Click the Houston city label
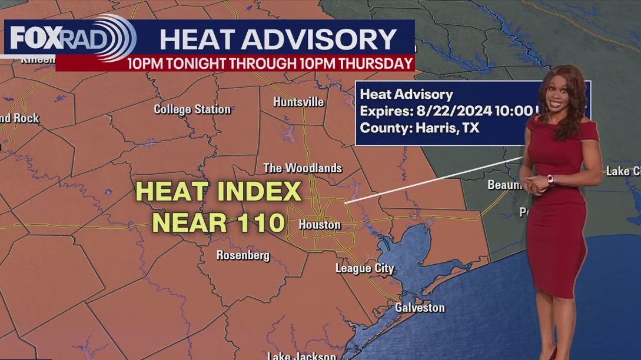pyautogui.click(x=320, y=225)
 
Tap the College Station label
pyautogui.click(x=192, y=109)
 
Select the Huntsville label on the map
pyautogui.click(x=298, y=102)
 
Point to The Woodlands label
pyautogui.click(x=302, y=168)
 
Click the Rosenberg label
pyautogui.click(x=243, y=255)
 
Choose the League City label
pyautogui.click(x=364, y=268)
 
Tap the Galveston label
pyautogui.click(x=420, y=308)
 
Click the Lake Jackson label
pyautogui.click(x=301, y=355)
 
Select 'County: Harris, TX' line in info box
pyautogui.click(x=419, y=128)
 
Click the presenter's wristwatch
pyautogui.click(x=550, y=179)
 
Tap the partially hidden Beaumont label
pyautogui.click(x=503, y=185)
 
